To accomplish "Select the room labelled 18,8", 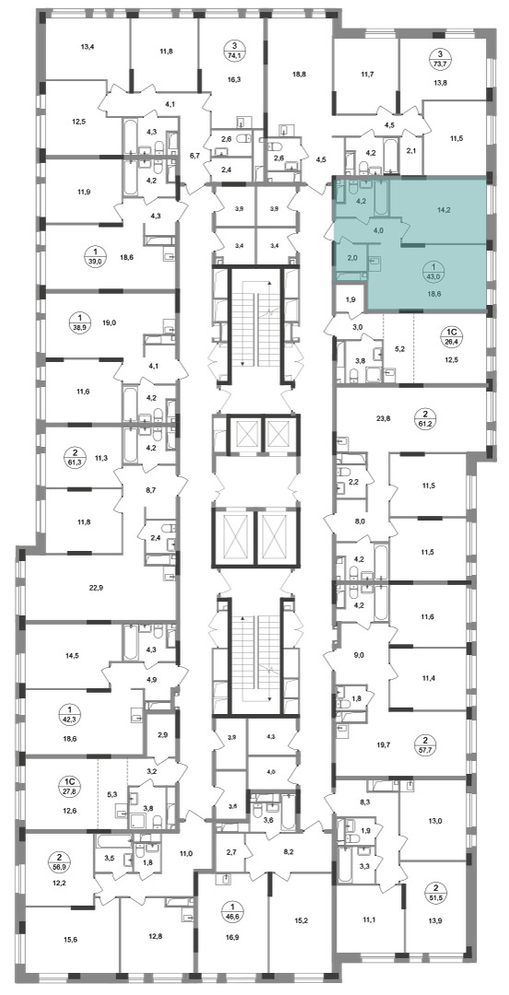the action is pos(300,74).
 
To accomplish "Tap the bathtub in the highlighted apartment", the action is pos(381,198).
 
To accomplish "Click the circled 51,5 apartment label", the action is pos(436,892).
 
